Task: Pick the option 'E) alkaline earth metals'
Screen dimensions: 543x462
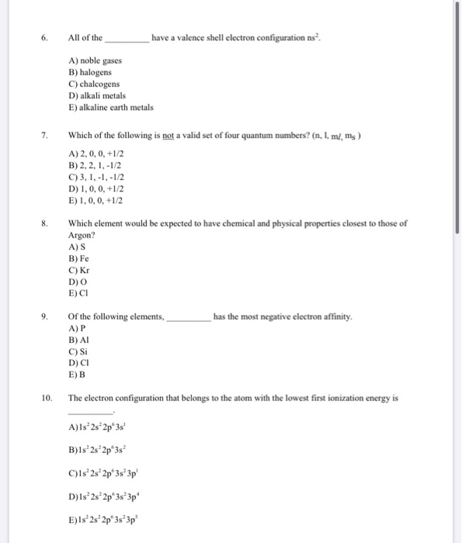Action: click(111, 108)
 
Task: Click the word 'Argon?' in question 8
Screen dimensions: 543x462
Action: click(82, 235)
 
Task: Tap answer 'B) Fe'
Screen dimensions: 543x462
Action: click(78, 258)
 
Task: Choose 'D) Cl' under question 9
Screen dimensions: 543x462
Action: click(78, 362)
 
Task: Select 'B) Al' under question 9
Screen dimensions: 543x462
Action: click(78, 340)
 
